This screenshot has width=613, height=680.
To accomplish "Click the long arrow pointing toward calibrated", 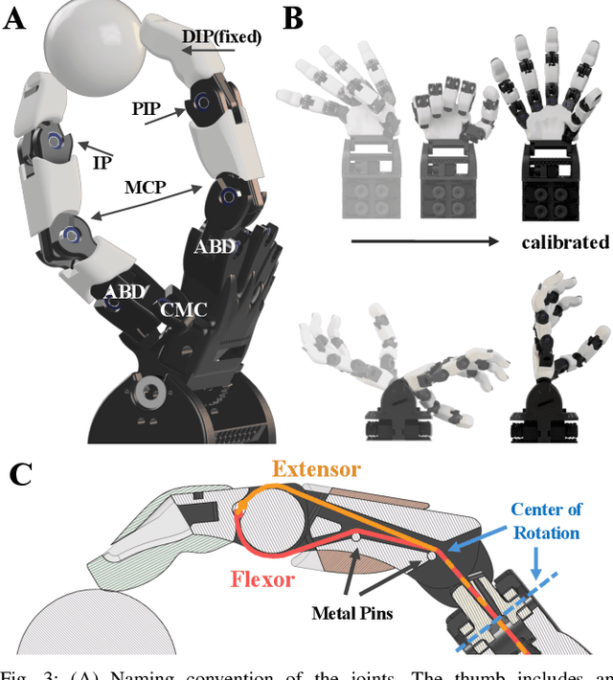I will [421, 243].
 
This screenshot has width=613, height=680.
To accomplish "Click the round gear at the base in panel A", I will [150, 394].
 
